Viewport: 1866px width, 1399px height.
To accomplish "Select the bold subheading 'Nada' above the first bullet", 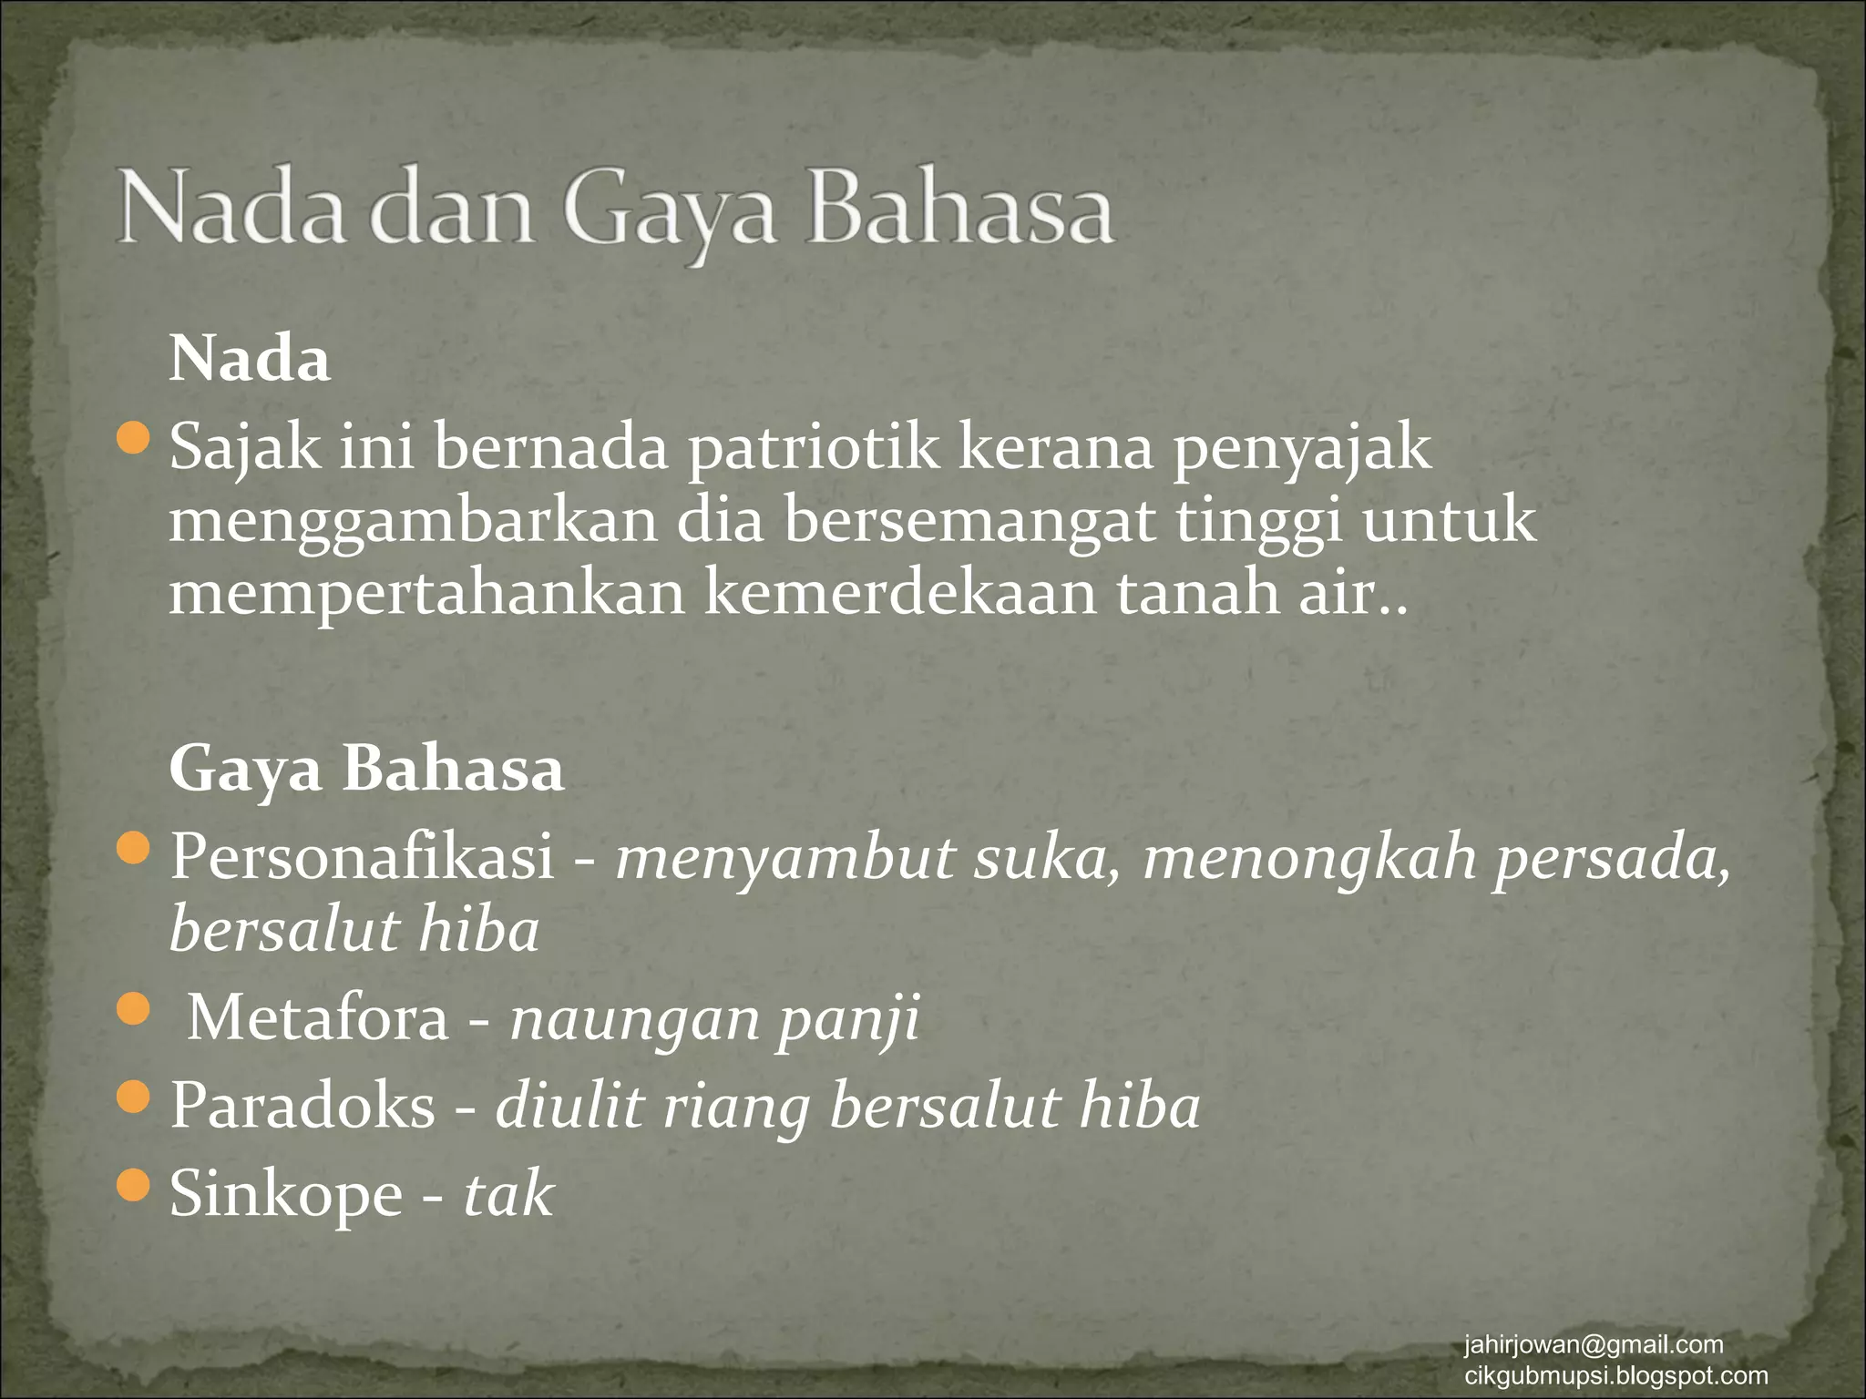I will [249, 360].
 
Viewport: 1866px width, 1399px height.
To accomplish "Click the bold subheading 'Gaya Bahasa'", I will [366, 770].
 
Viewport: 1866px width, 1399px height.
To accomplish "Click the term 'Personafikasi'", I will [363, 857].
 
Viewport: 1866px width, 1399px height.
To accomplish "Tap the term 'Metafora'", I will [318, 1017].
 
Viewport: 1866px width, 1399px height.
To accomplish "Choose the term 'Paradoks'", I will [303, 1106].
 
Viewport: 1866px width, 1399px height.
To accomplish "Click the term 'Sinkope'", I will [286, 1193].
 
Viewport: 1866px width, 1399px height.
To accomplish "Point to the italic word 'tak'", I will [508, 1193].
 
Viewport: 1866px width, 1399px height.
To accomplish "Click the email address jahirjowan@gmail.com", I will [1594, 1344].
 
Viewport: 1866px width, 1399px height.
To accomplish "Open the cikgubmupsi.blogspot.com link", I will [1615, 1375].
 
